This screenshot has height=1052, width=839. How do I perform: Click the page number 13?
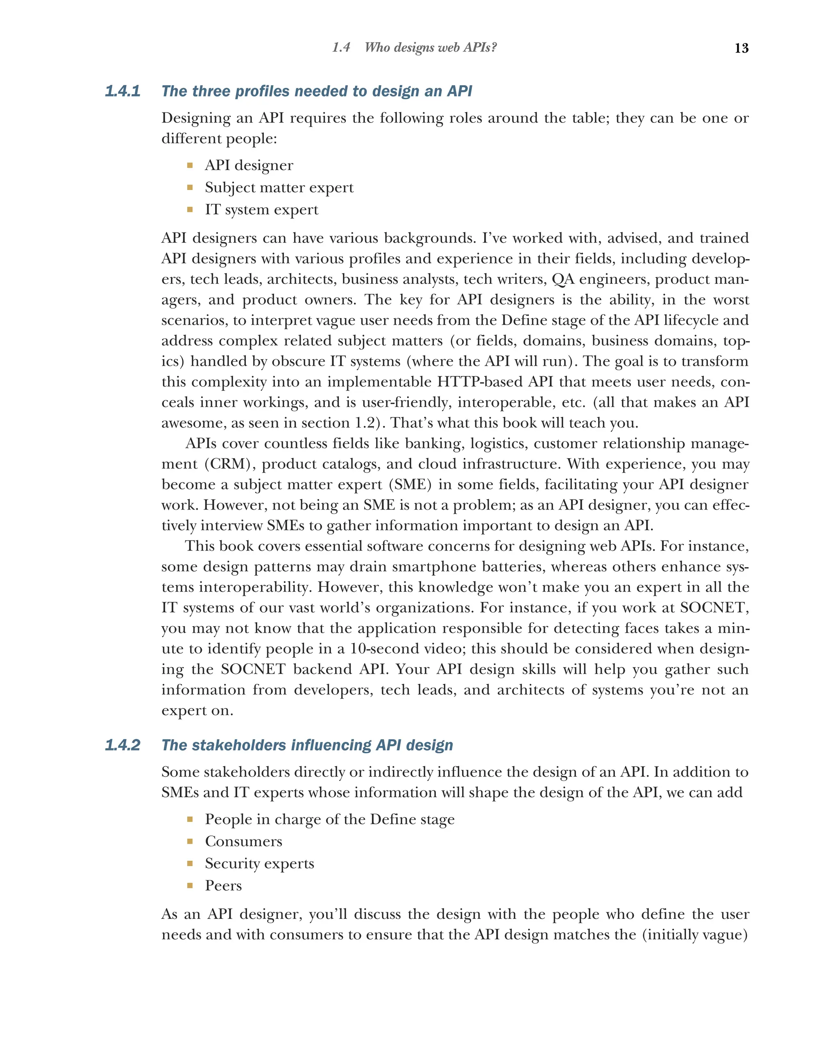coord(741,48)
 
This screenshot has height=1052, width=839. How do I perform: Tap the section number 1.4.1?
coord(122,91)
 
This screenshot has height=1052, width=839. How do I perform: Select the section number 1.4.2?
coord(122,745)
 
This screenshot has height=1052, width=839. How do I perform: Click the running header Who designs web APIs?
coord(431,48)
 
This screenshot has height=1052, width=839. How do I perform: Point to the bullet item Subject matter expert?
coord(279,188)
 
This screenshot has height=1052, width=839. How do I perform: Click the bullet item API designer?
coord(249,165)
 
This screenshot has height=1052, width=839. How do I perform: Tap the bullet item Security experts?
coord(259,863)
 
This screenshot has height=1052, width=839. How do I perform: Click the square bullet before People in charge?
coord(190,819)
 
